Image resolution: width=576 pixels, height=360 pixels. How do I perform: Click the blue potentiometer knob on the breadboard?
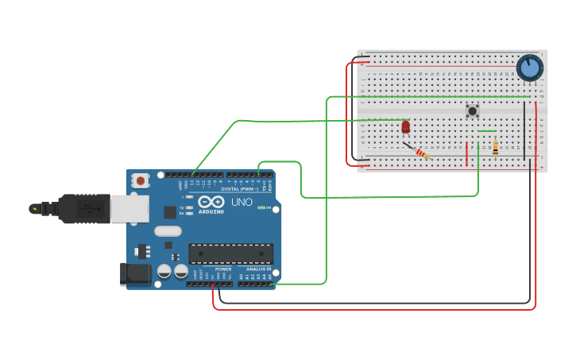(529, 68)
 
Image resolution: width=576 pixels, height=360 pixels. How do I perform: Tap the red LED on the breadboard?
(406, 126)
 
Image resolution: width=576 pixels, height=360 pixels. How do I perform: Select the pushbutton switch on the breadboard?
(473, 111)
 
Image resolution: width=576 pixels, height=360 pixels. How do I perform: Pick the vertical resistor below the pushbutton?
(496, 149)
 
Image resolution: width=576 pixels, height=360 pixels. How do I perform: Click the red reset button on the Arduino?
(141, 181)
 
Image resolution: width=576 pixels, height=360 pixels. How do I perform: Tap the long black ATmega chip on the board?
(230, 254)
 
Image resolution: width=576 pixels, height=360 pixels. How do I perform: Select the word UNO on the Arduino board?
(242, 203)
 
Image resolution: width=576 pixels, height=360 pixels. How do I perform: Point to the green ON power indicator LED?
(262, 208)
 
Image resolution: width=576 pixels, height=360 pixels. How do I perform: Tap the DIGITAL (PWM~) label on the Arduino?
(242, 189)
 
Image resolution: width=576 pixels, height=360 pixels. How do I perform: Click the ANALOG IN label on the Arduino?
(257, 269)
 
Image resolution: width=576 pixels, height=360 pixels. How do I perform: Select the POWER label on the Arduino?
(223, 269)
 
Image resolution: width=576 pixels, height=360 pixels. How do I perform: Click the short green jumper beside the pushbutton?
(487, 131)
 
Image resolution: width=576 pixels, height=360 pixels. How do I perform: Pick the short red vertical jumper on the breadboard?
(467, 153)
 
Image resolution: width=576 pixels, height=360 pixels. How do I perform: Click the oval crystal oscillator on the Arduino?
(168, 231)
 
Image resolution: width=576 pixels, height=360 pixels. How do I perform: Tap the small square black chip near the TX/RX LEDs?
(170, 212)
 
